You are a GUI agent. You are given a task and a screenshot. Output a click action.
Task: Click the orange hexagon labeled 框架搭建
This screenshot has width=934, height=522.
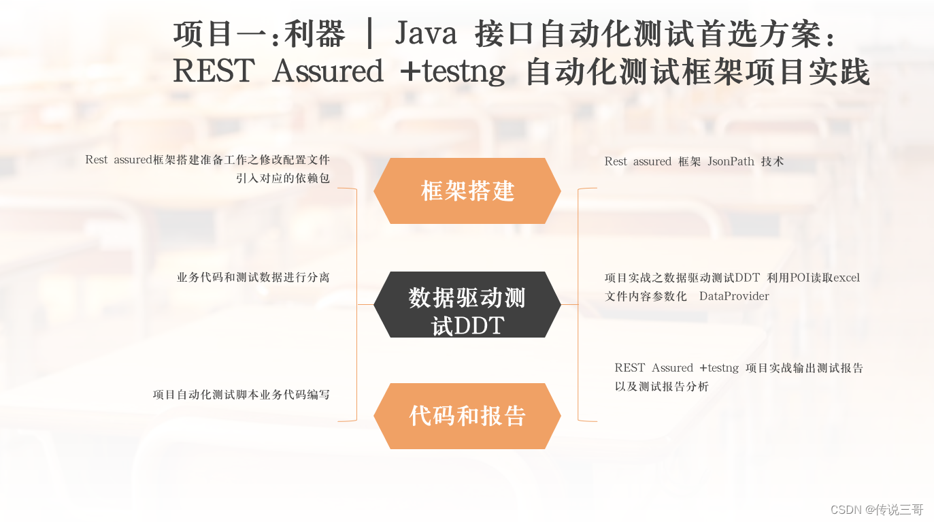pos(467,191)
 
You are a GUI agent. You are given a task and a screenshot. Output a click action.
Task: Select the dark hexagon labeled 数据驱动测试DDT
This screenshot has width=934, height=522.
pos(467,304)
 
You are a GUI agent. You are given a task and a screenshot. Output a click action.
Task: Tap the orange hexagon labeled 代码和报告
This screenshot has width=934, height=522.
pos(467,416)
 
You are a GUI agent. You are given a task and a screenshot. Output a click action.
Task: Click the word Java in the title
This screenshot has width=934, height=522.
pos(426,34)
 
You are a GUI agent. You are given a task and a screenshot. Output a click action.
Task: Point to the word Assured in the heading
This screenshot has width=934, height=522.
pos(328,71)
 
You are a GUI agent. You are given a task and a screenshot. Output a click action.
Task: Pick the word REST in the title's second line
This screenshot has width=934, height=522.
pos(214,71)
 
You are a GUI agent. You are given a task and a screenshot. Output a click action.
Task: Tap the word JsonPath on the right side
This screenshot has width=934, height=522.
pos(731,161)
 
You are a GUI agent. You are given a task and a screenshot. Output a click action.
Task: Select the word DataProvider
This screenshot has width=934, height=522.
pos(734,296)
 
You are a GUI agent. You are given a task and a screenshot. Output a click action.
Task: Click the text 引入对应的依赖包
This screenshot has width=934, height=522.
pos(283,178)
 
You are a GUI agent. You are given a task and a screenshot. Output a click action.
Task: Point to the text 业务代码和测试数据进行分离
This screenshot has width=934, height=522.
pos(253,277)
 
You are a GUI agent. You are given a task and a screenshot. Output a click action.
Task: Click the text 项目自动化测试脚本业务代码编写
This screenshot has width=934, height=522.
pos(241,394)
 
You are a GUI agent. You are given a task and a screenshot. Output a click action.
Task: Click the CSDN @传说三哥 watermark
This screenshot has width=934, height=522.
pos(877,509)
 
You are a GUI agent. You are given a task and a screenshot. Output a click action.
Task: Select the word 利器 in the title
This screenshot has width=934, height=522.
pos(314,34)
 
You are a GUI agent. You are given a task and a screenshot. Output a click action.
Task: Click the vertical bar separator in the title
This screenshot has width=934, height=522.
pos(369,34)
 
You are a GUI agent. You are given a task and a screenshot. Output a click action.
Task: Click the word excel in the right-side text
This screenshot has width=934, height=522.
pos(846,278)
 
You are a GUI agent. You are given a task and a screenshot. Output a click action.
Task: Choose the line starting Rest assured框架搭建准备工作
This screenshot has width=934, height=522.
pos(207,160)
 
